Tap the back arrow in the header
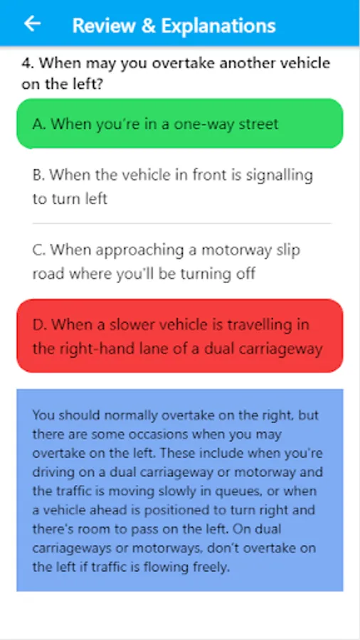point(32,23)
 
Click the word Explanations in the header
point(219,26)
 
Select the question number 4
point(27,63)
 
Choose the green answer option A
point(179,123)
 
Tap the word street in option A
point(258,124)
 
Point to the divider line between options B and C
point(181,224)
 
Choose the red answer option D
point(179,336)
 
